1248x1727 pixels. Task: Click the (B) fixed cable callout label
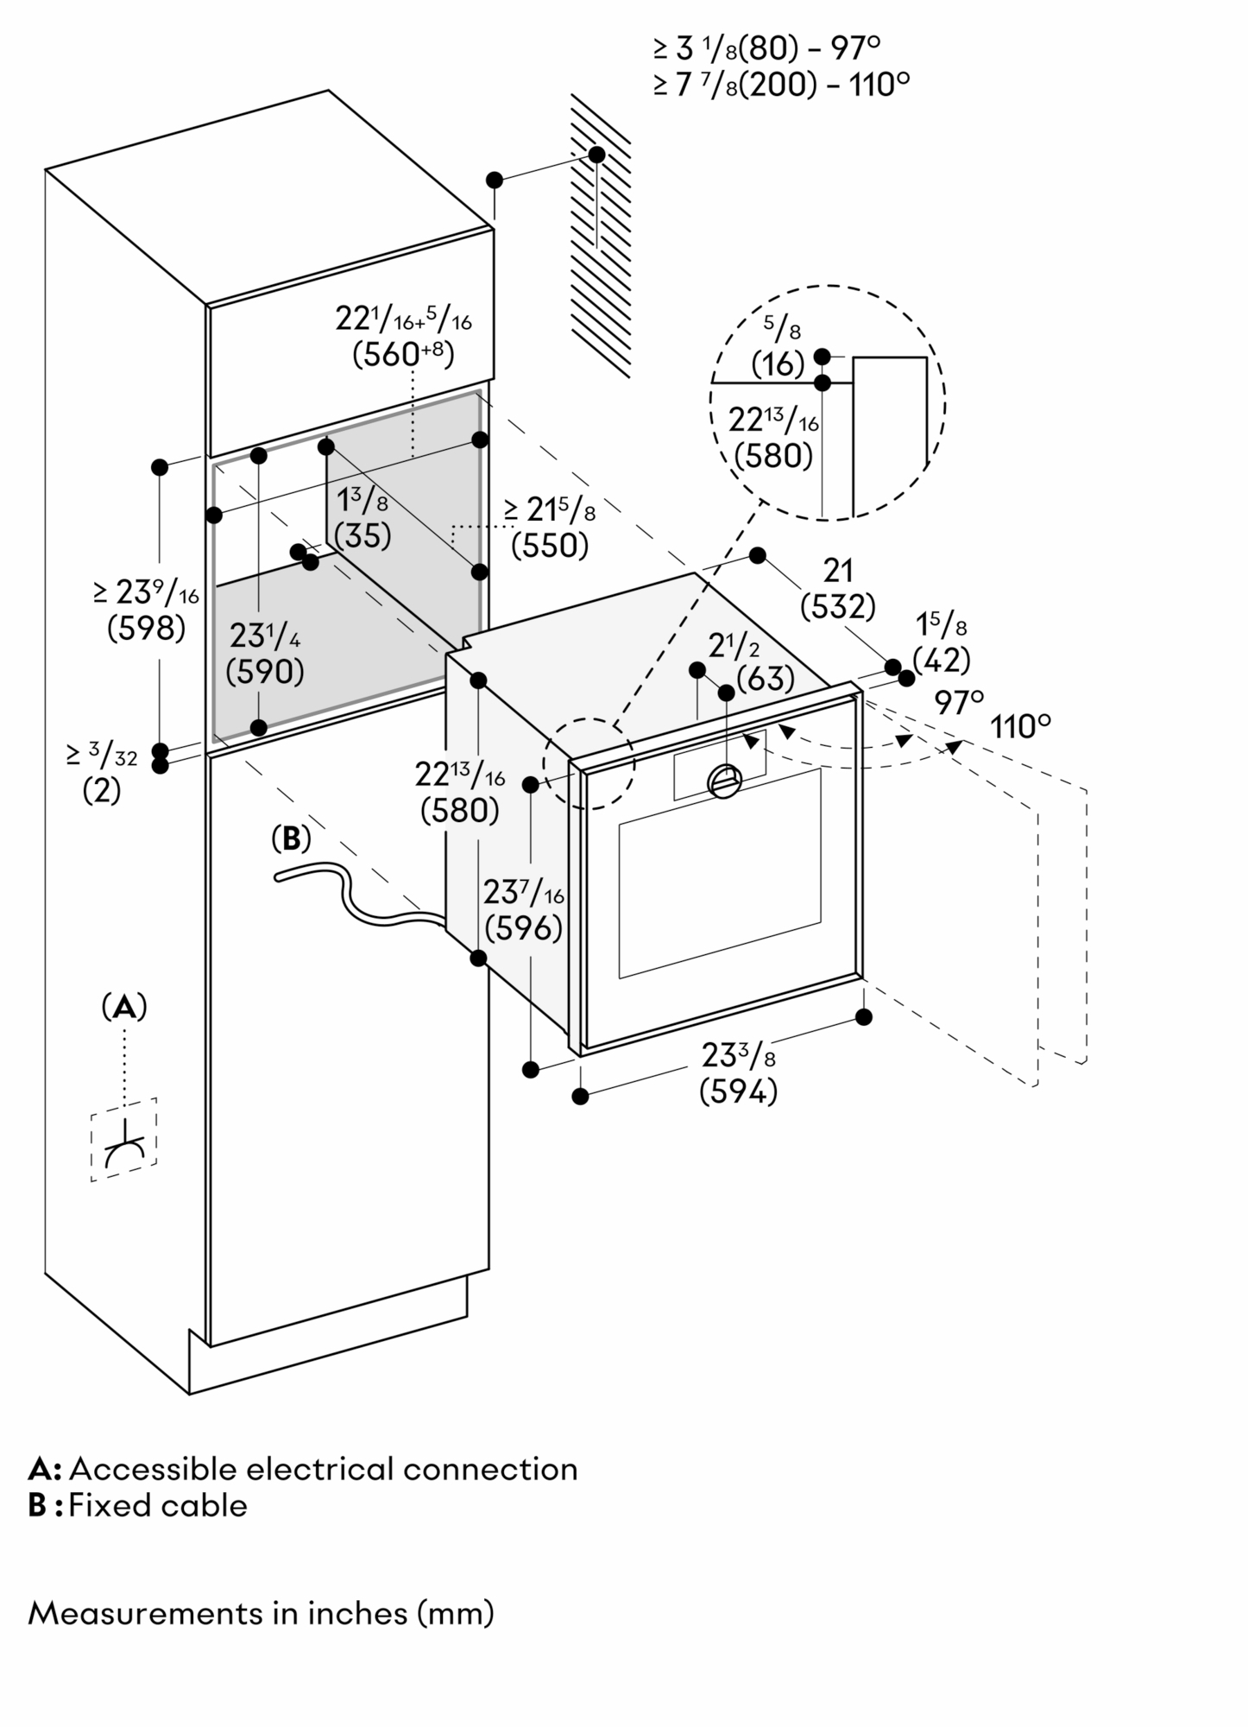tap(291, 838)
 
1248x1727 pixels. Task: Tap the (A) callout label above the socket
tap(124, 1007)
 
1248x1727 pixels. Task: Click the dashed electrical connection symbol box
tap(124, 1140)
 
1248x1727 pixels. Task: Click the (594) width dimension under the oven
tap(738, 1093)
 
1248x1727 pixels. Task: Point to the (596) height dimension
tap(524, 929)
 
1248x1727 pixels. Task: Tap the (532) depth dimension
tap(838, 607)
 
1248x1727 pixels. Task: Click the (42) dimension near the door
tap(942, 660)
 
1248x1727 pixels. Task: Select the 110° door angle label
tap(1020, 727)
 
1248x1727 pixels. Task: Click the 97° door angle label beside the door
tap(958, 702)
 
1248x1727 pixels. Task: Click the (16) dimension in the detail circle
tap(778, 364)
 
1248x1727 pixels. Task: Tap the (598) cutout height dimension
tap(146, 628)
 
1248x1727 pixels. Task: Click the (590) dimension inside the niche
tap(265, 671)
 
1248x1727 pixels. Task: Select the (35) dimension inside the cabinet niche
tap(362, 536)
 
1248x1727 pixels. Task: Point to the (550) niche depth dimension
tap(550, 546)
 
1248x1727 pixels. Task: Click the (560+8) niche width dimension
tap(403, 354)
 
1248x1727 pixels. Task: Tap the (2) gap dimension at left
tap(101, 791)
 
